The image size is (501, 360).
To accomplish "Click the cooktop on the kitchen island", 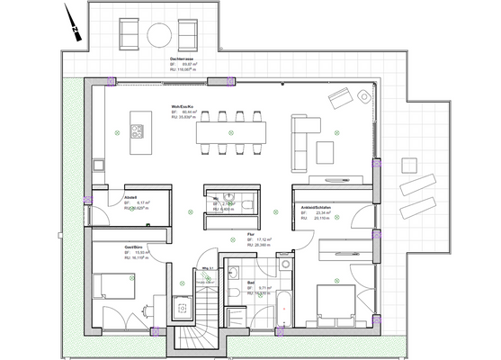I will tap(138, 131).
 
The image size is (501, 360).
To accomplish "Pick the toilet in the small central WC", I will tap(229, 201).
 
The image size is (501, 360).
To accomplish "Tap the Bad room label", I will tap(249, 283).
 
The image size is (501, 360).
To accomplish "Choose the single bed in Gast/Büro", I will tap(113, 286).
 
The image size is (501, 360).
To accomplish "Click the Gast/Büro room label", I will tap(137, 246).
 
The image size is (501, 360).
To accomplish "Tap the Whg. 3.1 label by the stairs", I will tap(206, 268).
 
